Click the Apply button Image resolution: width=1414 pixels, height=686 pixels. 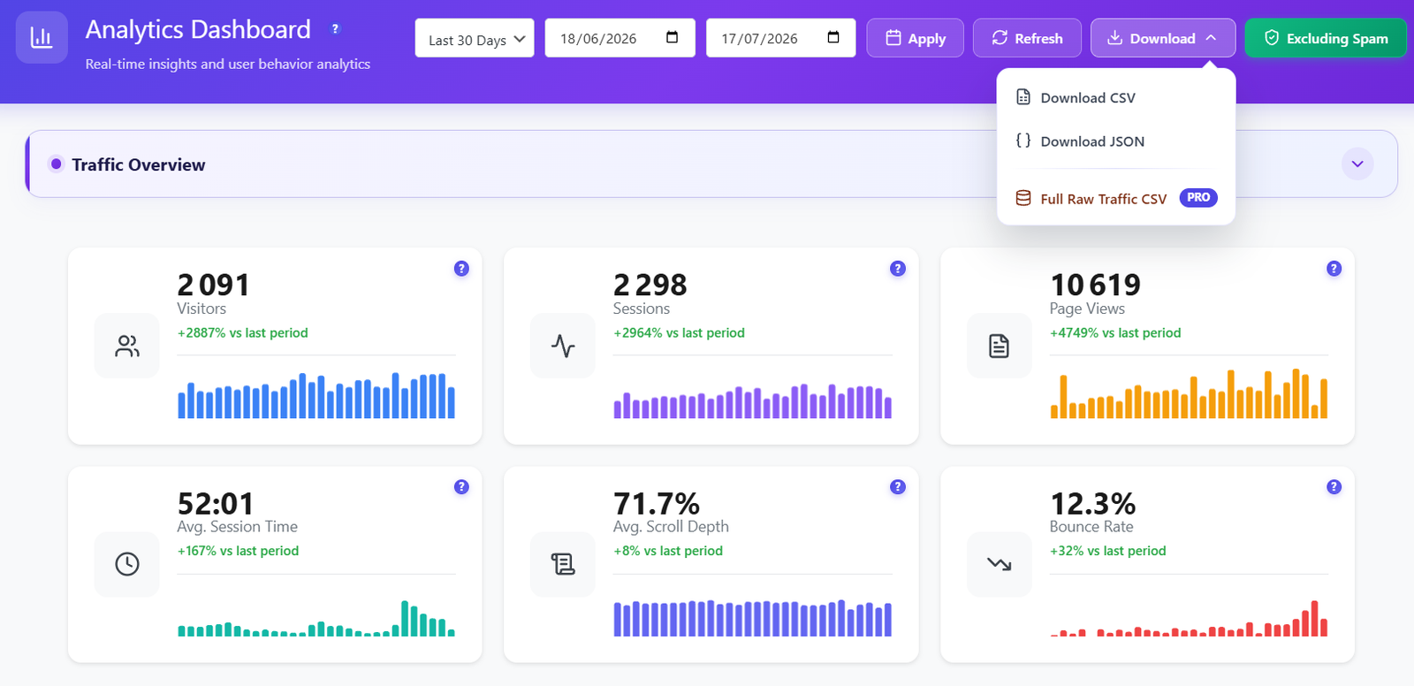(915, 38)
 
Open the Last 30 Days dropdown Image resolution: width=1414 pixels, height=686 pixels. (475, 38)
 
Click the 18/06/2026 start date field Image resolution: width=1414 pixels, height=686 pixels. (620, 38)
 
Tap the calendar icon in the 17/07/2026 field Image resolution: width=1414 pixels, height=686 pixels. (833, 37)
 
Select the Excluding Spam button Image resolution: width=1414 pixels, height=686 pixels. (1326, 38)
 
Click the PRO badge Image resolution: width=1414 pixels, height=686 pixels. (1198, 198)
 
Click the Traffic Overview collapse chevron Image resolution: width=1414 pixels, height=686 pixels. (1357, 164)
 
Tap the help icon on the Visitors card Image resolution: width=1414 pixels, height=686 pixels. (461, 269)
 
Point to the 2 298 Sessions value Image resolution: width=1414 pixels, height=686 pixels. (650, 285)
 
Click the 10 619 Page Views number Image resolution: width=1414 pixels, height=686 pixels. (1095, 285)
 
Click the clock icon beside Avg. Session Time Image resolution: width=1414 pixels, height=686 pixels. (127, 564)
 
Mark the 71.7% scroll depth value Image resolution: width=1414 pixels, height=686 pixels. (657, 504)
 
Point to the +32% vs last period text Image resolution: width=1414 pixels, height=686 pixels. (1108, 551)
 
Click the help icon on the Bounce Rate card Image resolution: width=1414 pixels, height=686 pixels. (1334, 487)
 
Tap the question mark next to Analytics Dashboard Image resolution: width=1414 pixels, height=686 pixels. (335, 28)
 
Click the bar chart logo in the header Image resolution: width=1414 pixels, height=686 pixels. (42, 37)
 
